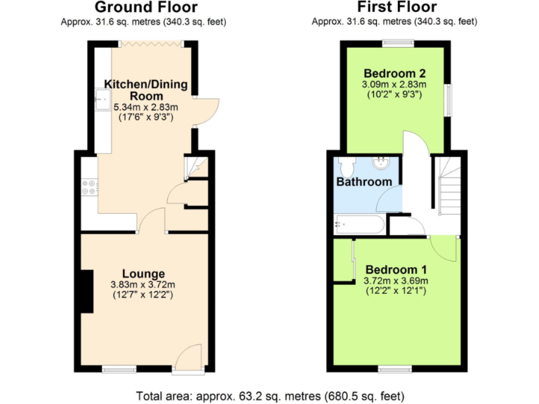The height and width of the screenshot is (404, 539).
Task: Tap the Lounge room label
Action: pyautogui.click(x=143, y=274)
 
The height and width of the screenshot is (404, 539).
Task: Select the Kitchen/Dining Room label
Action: pyautogui.click(x=146, y=90)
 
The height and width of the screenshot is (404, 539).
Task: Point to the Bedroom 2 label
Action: pyautogui.click(x=394, y=73)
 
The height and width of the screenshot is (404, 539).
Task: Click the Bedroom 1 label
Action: pyautogui.click(x=396, y=269)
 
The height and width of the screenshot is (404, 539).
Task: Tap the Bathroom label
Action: pyautogui.click(x=364, y=182)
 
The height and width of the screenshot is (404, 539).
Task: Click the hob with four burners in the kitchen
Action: pyautogui.click(x=90, y=188)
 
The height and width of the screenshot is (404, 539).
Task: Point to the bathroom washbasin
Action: pyautogui.click(x=381, y=163)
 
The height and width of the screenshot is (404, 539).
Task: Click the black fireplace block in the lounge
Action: pyautogui.click(x=86, y=290)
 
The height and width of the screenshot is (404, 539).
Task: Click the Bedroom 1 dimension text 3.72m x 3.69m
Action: pyautogui.click(x=396, y=281)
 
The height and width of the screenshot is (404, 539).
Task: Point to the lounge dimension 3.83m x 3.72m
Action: pyautogui.click(x=143, y=285)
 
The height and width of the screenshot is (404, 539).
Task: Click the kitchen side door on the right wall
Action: pyautogui.click(x=207, y=111)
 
